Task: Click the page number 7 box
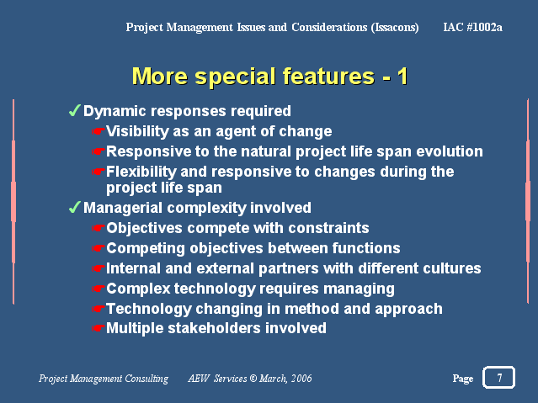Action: pos(498,377)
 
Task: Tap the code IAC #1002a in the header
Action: pos(472,27)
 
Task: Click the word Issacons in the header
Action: pos(395,28)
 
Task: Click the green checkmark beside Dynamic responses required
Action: pos(74,110)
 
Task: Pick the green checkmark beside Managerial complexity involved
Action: pos(74,207)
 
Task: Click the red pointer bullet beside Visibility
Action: pos(99,131)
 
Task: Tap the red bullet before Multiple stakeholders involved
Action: pos(99,329)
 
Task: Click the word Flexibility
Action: pos(141,172)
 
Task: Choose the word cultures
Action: pos(451,268)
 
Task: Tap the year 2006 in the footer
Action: pos(301,379)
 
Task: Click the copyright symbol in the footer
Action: pos(253,379)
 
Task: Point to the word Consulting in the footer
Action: pos(146,379)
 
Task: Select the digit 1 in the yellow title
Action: pos(402,77)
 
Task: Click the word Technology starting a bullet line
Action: pos(148,310)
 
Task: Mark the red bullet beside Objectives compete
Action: pos(99,229)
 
